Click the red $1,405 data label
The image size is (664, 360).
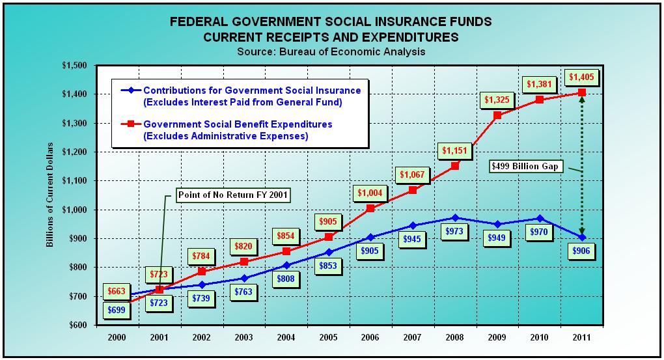581,77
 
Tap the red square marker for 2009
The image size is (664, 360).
497,115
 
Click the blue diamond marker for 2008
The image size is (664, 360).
455,217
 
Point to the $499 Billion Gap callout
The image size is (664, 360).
525,167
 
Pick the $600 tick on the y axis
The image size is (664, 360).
77,325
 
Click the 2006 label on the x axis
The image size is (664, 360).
370,339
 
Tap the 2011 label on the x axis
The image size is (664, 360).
581,339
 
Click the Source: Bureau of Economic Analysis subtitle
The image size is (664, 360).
331,51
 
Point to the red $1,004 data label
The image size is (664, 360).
370,193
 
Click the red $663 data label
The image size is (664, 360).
118,290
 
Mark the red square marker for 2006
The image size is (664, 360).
370,208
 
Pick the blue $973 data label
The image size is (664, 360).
455,231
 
